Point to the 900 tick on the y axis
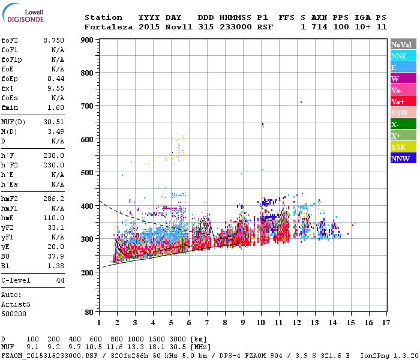[88, 40]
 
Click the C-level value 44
[60, 280]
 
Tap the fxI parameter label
[7, 88]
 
